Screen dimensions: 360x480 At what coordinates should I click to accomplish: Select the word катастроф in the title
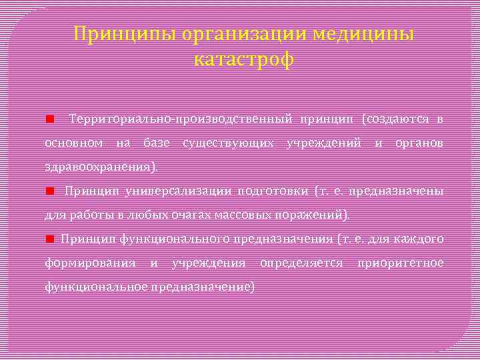point(243,60)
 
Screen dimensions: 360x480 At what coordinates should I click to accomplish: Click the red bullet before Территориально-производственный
point(49,119)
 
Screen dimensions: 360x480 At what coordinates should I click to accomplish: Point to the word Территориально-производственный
point(180,119)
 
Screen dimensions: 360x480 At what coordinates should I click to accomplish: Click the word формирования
point(90,263)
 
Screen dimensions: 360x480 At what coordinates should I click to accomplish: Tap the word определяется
point(301,263)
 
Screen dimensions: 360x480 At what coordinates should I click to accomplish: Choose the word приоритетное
point(400,263)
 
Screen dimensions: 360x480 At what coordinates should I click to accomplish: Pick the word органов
point(419,143)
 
